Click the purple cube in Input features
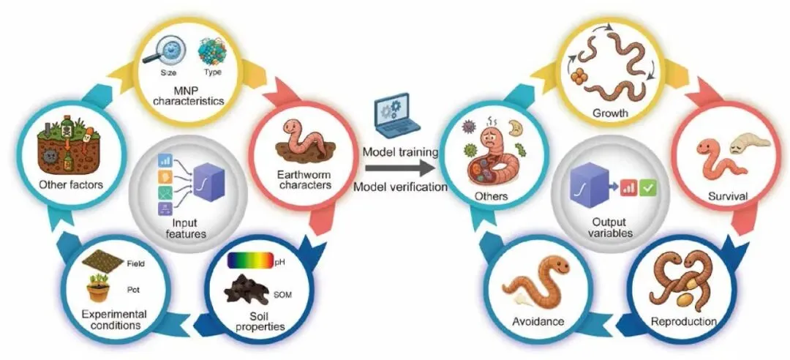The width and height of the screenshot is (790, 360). click(208, 181)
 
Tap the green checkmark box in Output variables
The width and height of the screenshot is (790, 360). click(647, 188)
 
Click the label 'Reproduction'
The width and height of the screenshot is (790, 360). click(684, 321)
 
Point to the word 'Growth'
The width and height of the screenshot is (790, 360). click(611, 113)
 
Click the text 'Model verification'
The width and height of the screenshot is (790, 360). click(401, 187)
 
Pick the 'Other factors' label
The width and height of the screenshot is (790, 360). click(70, 184)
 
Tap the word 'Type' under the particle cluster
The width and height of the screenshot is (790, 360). click(212, 72)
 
